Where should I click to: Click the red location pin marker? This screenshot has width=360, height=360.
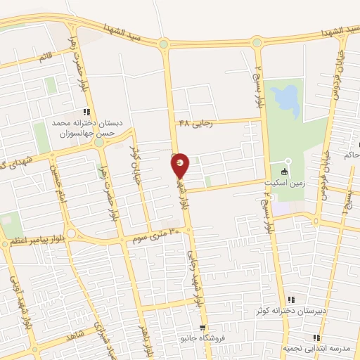click(181, 165)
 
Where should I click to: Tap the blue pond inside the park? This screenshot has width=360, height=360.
click(285, 101)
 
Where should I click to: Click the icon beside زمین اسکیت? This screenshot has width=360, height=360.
click(284, 172)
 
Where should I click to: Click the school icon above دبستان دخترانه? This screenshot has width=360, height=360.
click(86, 112)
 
